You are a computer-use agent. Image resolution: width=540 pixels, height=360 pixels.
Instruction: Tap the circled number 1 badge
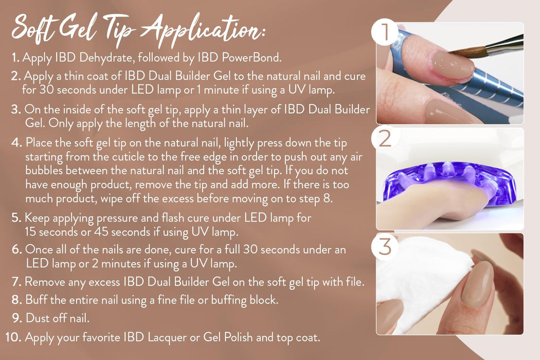[x=384, y=34]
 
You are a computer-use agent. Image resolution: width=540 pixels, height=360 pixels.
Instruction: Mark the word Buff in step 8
[x=34, y=300]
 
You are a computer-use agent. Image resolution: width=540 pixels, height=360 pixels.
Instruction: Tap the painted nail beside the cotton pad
[x=478, y=283]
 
